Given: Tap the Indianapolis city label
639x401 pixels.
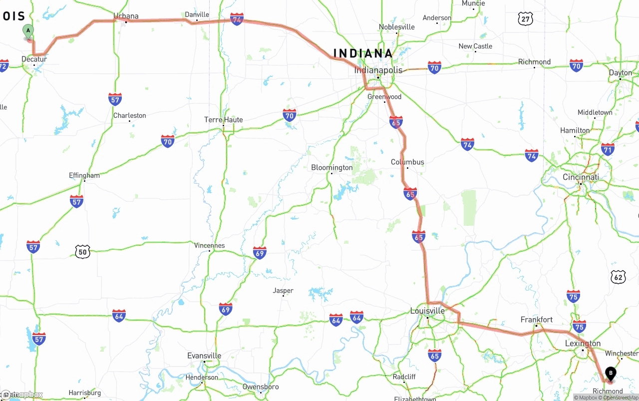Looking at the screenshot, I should (378, 70).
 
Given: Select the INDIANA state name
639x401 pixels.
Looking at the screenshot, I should (363, 53).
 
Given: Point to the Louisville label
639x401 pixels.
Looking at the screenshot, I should (427, 311).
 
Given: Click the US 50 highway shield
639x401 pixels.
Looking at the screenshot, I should (82, 252).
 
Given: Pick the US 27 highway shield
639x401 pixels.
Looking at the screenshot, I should (525, 19).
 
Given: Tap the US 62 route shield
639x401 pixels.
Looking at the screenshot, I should (618, 277).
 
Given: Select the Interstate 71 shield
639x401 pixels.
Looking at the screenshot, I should (608, 149).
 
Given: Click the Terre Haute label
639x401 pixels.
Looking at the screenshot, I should (223, 120).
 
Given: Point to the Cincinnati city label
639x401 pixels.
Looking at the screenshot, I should (581, 177).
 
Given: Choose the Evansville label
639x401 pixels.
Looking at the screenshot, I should (204, 356).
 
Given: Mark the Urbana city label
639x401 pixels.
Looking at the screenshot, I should (126, 16).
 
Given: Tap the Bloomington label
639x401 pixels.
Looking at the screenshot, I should (331, 167).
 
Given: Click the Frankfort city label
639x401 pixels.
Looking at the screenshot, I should (536, 320).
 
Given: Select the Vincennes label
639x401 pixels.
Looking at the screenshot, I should (209, 245).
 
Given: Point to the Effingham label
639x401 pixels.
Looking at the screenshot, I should (84, 175).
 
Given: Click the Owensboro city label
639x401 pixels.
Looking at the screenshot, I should (260, 387).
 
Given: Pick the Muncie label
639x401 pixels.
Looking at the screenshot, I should (473, 3).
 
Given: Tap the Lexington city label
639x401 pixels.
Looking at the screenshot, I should (583, 344).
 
